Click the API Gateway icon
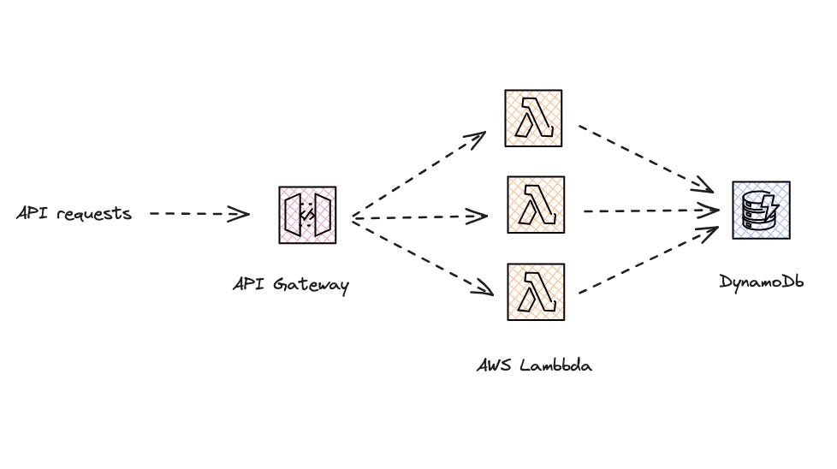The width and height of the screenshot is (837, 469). [307, 214]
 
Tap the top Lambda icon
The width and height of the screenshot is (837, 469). [534, 118]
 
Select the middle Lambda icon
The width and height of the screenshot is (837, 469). [536, 205]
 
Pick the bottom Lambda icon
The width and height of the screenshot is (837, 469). [534, 292]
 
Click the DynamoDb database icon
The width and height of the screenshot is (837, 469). [761, 210]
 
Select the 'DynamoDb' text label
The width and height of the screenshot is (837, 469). [762, 281]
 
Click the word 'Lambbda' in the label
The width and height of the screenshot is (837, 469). [558, 365]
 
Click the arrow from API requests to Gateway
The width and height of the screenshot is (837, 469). [199, 214]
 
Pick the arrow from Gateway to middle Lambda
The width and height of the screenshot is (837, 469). [419, 217]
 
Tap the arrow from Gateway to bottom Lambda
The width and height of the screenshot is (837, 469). [424, 257]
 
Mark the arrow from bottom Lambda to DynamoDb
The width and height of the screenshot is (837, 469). [648, 261]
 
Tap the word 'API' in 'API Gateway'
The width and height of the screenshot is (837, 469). [247, 283]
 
